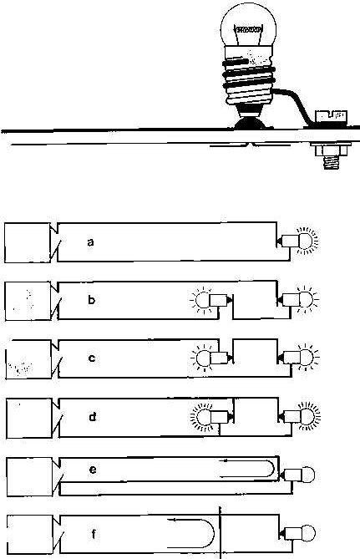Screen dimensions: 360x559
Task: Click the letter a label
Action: (90, 242)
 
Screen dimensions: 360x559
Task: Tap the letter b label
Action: (91, 299)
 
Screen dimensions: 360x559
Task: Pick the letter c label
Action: (92, 358)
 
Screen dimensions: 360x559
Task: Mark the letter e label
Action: (93, 470)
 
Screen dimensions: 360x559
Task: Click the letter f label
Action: (94, 534)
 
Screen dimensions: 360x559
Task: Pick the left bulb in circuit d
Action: (211, 417)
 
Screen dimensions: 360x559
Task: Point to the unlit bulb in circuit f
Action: (299, 533)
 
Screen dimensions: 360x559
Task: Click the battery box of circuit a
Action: (28, 243)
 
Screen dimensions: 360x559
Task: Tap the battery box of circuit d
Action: (29, 418)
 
